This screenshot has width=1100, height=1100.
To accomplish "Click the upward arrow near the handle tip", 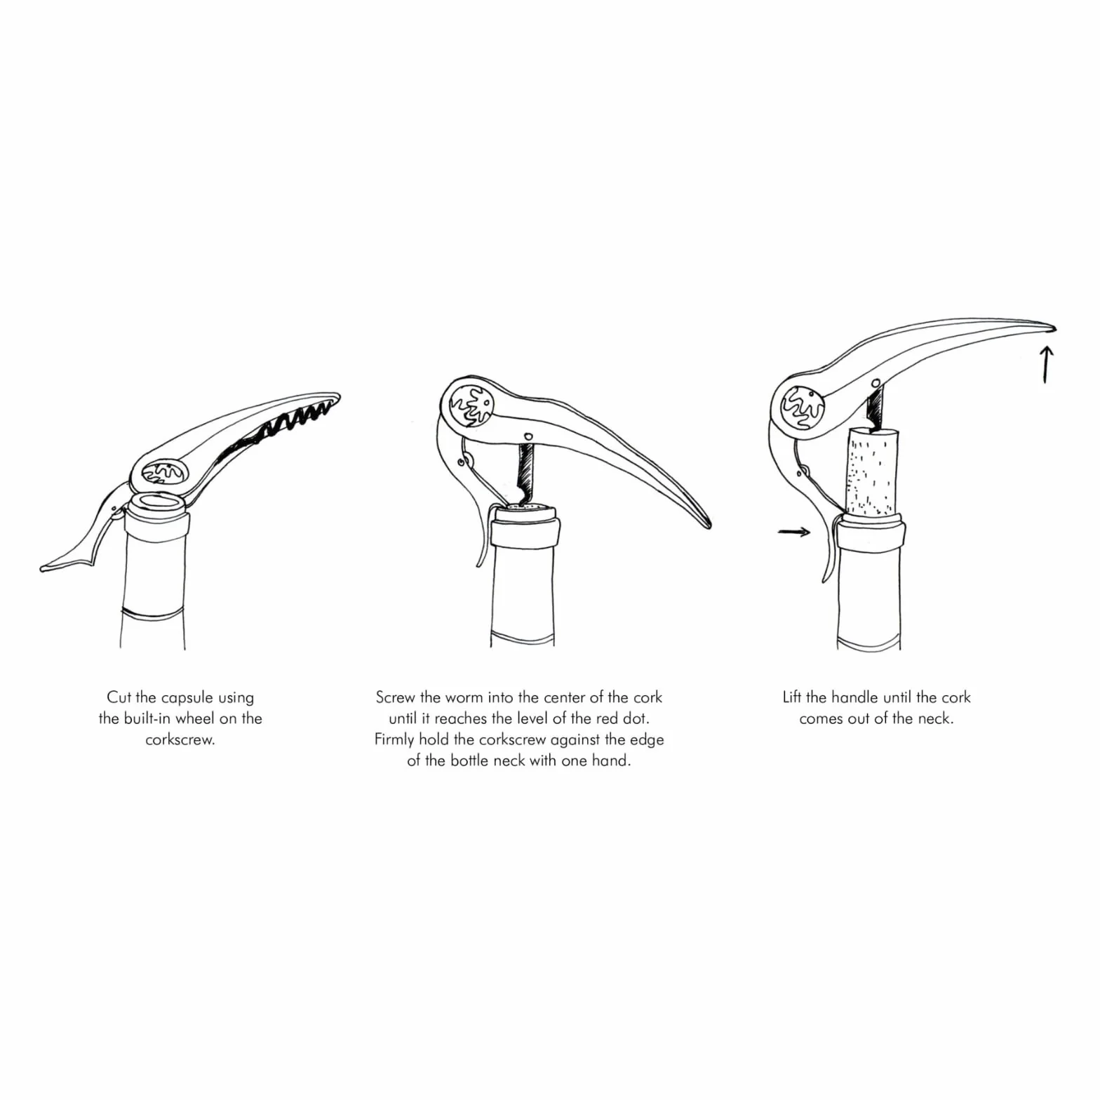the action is pyautogui.click(x=1045, y=364).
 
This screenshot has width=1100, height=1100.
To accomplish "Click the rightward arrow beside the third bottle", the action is pyautogui.click(x=794, y=532).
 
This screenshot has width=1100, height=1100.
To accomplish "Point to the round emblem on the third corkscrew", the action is pyautogui.click(x=800, y=408).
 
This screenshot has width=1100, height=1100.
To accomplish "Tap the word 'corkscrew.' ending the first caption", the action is pyautogui.click(x=180, y=739).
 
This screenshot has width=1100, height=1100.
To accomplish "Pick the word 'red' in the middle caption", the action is pyautogui.click(x=600, y=718).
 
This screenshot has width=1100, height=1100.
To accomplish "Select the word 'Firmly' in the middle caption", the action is pyautogui.click(x=394, y=740).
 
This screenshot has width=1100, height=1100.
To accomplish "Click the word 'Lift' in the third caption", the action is pyautogui.click(x=792, y=697).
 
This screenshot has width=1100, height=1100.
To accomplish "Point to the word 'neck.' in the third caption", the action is pyautogui.click(x=936, y=718).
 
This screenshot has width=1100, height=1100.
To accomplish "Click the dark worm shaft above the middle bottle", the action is pyautogui.click(x=524, y=469).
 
